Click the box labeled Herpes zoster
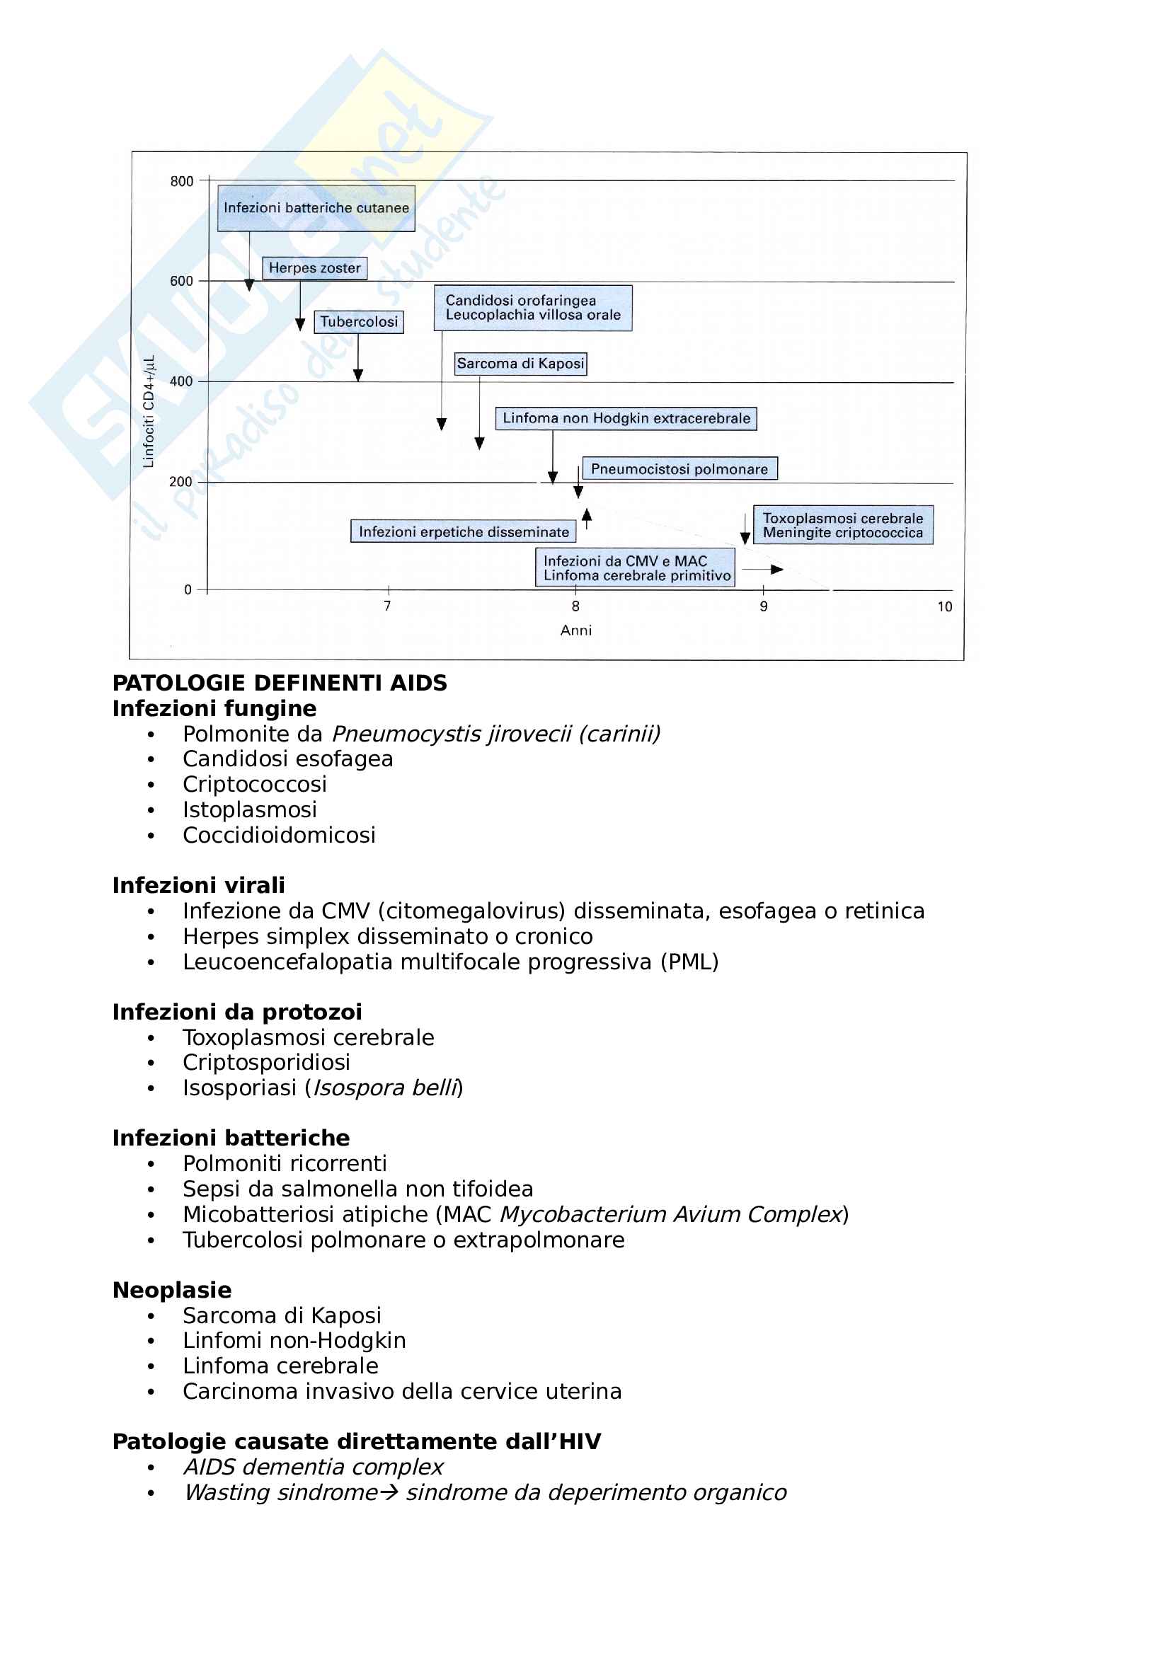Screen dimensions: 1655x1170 314,268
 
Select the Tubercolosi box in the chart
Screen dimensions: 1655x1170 358,321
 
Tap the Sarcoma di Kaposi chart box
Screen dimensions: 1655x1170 520,363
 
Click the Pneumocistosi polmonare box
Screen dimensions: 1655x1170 679,468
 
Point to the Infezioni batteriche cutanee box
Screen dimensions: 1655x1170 316,208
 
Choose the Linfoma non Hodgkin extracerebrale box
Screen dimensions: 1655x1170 626,418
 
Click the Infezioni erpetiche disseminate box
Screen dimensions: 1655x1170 464,531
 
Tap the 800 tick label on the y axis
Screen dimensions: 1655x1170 182,181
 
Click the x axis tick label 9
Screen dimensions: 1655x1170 764,606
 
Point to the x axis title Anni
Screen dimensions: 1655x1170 576,630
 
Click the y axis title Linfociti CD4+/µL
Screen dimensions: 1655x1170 149,412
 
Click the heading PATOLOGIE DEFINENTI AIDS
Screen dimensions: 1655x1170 280,682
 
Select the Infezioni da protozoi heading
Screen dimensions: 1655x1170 237,1011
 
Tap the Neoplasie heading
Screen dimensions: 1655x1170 172,1290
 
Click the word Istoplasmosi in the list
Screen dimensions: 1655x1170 249,809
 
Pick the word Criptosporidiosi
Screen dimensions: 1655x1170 266,1062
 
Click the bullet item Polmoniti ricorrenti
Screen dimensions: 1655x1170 285,1163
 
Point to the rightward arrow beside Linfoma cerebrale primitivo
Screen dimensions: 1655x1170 763,570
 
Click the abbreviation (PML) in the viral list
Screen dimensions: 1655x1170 689,962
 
